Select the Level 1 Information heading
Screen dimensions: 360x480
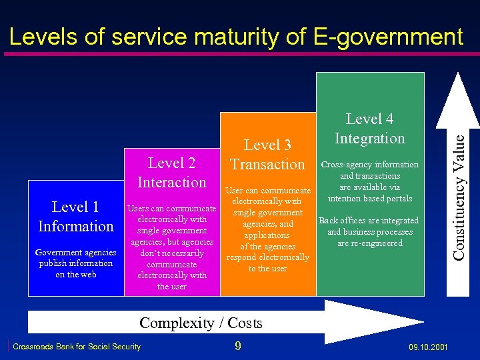76,217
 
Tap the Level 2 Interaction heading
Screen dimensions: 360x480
172,172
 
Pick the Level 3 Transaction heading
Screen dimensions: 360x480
267,154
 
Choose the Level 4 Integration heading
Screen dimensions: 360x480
370,129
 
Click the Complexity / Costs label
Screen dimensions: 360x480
201,323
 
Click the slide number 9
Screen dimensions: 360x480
237,346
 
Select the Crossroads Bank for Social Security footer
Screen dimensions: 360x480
77,347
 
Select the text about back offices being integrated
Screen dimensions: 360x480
369,232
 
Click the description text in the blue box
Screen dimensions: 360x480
75,263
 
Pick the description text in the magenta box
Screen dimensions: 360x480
172,247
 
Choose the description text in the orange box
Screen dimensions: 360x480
267,229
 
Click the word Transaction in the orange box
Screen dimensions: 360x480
267,164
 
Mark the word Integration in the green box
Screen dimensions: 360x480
370,139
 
